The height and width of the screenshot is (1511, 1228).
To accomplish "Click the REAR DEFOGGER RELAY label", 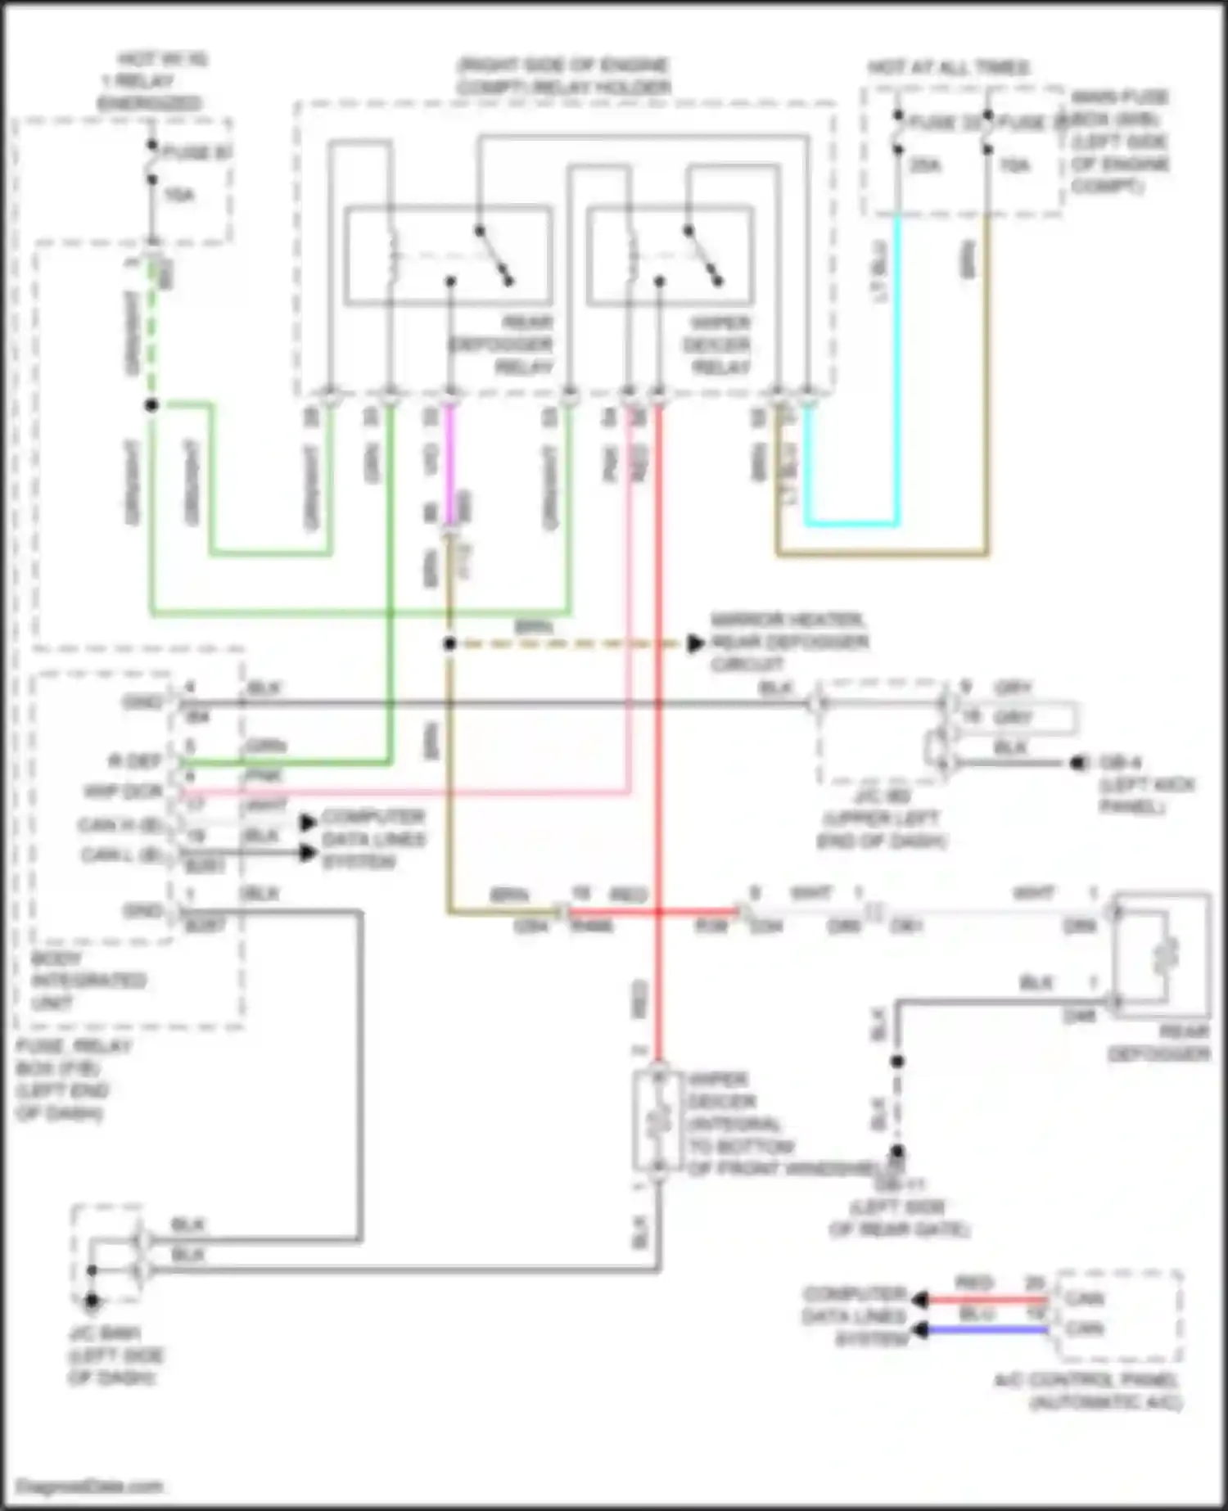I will click(501, 345).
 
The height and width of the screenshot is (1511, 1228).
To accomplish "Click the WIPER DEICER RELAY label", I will click(716, 345).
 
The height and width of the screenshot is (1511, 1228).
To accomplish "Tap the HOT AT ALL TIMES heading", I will click(948, 67).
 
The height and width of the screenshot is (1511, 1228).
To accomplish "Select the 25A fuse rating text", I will click(925, 166).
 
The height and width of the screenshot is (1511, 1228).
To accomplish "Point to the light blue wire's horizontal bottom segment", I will click(851, 523).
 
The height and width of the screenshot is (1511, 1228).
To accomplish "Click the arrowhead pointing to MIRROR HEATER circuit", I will click(695, 643).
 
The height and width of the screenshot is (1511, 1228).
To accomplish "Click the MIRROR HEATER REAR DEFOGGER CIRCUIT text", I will click(788, 642).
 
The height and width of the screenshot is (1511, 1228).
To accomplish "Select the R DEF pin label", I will click(135, 761).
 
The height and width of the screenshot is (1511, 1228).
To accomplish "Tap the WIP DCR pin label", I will click(124, 792).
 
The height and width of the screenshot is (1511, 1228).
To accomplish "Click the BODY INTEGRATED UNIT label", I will click(88, 980).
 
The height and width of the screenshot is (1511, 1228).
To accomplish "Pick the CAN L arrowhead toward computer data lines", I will click(308, 854).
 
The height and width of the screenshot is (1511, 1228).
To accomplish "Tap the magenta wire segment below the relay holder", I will click(449, 467).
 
